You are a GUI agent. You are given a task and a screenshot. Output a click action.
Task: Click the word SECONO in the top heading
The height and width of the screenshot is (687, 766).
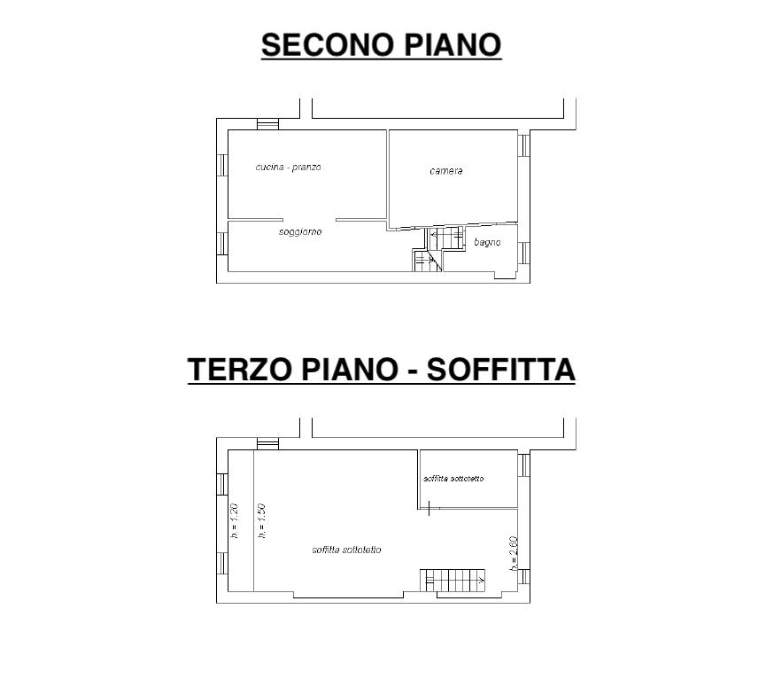[328, 44]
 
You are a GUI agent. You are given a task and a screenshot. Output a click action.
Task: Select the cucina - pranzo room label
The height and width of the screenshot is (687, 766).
[288, 168]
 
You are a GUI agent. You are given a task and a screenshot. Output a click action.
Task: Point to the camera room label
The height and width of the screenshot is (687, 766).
[446, 171]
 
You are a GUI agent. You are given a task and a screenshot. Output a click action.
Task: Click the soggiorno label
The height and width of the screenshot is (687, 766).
[300, 231]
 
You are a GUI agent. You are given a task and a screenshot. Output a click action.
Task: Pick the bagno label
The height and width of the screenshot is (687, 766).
[487, 242]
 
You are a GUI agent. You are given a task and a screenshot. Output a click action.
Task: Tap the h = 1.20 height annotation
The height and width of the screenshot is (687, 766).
[235, 521]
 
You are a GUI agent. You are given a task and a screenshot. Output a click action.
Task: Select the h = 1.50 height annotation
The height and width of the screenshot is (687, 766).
[262, 521]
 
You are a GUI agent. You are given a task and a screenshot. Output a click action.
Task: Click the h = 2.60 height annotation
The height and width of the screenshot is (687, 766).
[513, 554]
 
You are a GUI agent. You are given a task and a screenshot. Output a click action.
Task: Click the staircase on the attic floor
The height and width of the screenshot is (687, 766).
[453, 581]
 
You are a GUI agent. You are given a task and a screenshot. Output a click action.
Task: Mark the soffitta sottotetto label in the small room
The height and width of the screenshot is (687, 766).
[453, 479]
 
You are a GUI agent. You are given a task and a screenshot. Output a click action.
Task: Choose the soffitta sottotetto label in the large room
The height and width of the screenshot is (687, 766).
[346, 550]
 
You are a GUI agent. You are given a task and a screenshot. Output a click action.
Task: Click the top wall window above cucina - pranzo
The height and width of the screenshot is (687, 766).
[267, 124]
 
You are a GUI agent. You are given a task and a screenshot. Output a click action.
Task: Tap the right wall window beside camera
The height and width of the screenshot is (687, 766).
[523, 145]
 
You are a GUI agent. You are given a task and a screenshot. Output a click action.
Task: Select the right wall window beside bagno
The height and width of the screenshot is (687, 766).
[523, 253]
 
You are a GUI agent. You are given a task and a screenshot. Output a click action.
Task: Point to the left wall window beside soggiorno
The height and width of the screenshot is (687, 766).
[222, 244]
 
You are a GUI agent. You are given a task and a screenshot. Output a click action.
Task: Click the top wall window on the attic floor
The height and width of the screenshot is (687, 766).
[267, 444]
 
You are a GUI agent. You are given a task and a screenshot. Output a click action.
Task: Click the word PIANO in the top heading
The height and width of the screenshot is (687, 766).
[453, 44]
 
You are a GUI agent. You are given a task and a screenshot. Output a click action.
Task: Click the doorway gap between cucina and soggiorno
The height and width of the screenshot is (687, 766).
[309, 220]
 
